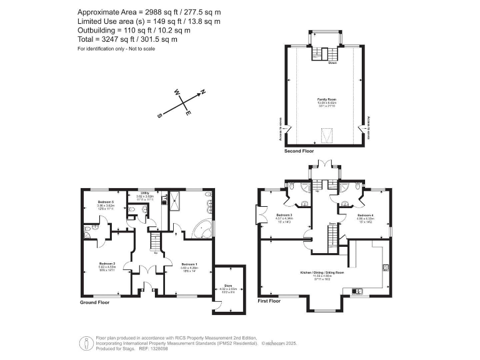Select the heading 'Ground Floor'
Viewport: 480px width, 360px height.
click(x=96, y=302)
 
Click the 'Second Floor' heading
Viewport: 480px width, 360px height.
click(x=299, y=151)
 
